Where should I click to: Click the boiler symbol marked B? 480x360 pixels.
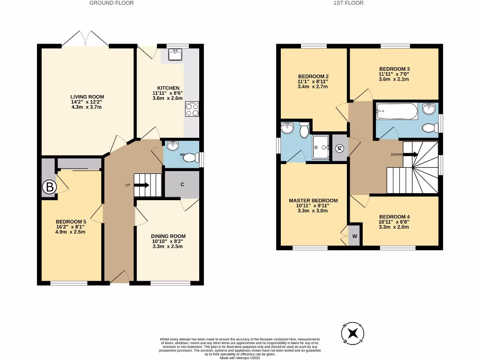[x=49, y=187]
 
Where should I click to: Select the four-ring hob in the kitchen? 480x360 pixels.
[x=192, y=109]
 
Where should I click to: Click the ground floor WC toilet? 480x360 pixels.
[x=190, y=158]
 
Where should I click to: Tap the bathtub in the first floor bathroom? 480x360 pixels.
[x=397, y=111]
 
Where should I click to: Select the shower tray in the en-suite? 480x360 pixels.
[x=321, y=147]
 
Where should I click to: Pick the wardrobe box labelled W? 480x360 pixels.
[x=354, y=236]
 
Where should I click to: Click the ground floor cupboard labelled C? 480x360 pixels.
[x=182, y=184]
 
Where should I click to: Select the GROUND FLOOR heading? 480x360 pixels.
[x=112, y=3]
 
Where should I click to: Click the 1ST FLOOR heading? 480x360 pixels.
[x=348, y=3]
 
